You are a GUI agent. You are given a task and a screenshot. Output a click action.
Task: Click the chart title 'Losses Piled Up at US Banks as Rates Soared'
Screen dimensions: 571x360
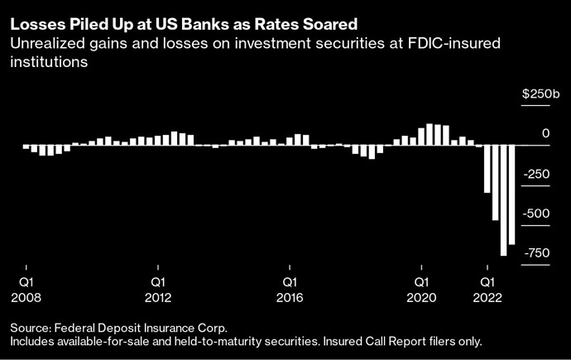coord(184,24)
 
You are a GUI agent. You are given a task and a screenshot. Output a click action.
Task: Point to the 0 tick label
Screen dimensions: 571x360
coord(545,133)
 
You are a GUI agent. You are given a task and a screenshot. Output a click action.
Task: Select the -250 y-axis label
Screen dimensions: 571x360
coord(536,174)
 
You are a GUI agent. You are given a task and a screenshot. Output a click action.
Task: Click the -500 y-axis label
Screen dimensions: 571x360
coord(536,214)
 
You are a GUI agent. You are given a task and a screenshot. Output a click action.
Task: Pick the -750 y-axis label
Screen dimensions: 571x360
coord(536,252)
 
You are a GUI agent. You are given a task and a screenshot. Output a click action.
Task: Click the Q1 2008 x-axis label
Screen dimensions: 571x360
coord(26,290)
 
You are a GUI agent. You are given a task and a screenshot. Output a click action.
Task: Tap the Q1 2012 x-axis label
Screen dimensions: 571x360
coord(158,290)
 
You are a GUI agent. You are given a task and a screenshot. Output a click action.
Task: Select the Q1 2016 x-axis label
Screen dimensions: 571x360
coord(290,290)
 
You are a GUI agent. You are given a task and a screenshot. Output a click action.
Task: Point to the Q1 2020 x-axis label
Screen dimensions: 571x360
coord(422,290)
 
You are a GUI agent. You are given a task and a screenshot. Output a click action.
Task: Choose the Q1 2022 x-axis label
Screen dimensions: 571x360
coord(487,290)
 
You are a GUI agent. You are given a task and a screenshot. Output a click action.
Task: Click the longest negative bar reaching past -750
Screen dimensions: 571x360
coord(504,200)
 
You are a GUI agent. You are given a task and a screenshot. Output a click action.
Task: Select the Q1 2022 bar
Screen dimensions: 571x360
coord(487,169)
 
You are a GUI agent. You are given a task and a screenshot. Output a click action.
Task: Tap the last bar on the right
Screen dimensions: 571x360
coord(512,194)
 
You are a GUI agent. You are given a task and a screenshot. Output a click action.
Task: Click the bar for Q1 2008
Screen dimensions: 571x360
coord(26,147)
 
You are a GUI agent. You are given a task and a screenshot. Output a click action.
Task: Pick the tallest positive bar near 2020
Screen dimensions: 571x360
coord(429,135)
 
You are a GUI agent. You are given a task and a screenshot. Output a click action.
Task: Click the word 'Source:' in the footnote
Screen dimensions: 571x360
coord(31,328)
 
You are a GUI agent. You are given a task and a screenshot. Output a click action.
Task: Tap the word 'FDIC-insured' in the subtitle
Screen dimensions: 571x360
coord(453,43)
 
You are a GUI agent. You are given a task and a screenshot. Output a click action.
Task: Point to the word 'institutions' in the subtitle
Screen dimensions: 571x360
coord(49,61)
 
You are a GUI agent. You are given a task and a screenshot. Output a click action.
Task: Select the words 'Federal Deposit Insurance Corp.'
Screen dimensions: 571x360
coord(141,329)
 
